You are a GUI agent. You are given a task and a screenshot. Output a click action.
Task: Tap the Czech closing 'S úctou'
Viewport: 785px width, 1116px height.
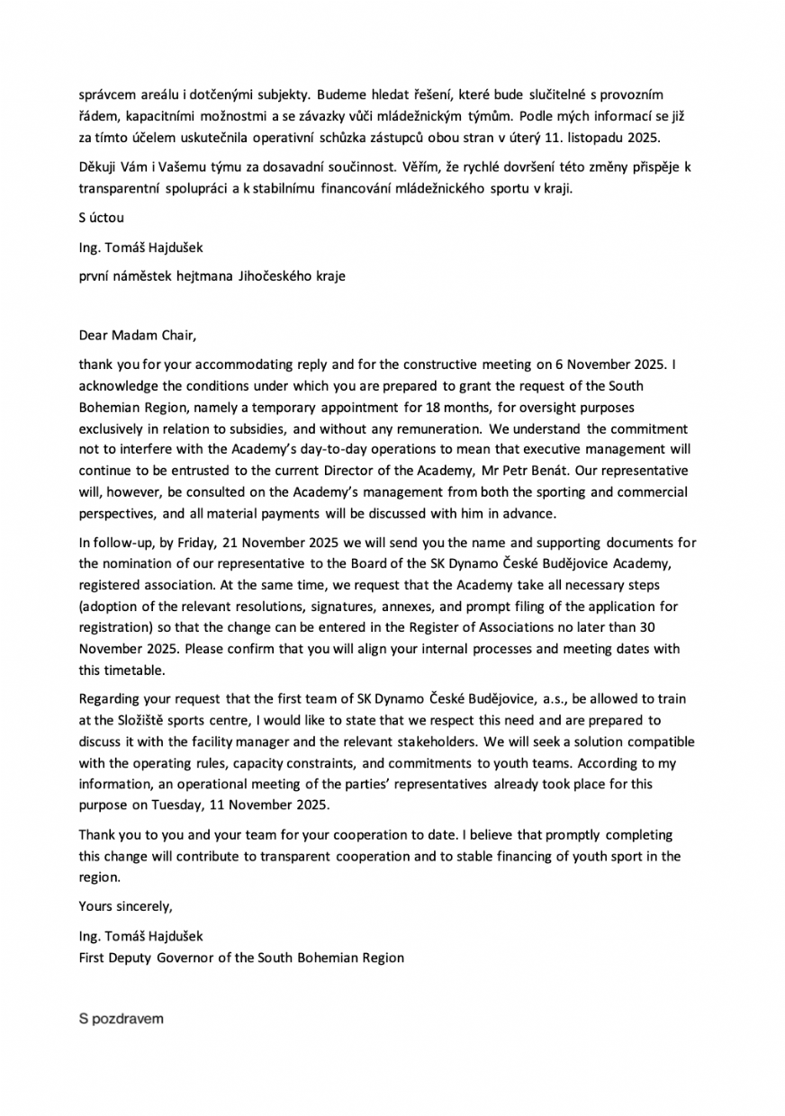(101, 217)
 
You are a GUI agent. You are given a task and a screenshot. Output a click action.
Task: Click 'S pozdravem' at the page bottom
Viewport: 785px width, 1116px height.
(122, 1019)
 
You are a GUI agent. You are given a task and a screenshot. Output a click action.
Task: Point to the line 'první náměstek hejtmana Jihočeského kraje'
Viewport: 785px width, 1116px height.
(212, 276)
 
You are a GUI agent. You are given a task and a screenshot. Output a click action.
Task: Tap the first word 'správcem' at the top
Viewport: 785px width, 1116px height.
(107, 94)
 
